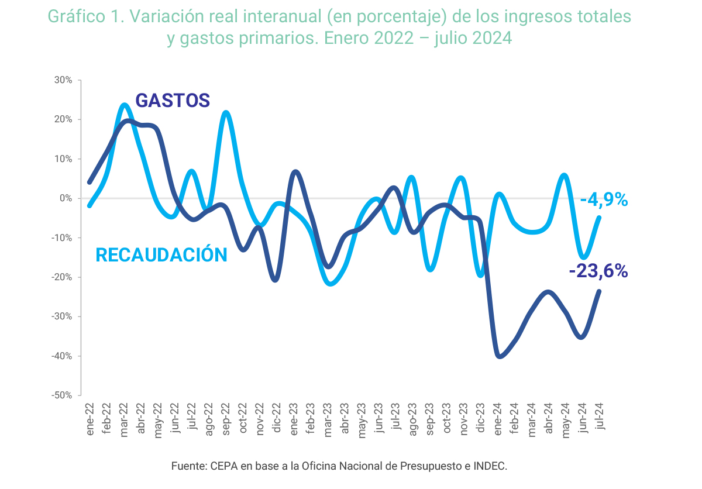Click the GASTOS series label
173,101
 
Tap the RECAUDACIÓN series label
161,255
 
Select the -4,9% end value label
604,200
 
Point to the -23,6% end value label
598,271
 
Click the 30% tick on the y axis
63,80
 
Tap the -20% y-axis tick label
61,277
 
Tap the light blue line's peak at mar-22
124,105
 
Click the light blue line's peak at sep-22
226,112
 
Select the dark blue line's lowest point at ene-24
499,356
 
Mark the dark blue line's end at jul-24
599,291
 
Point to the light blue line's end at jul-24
599,218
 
